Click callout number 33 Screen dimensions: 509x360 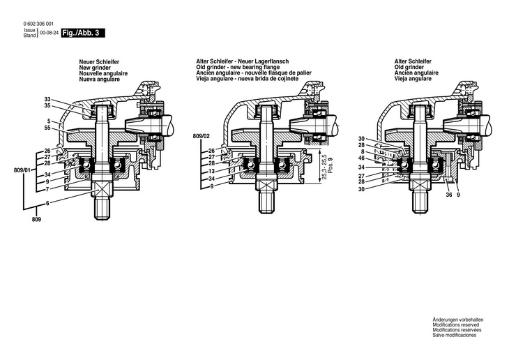pos(47,99)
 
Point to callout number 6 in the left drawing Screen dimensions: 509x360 pos(48,202)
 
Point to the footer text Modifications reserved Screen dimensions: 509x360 pos(457,325)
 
